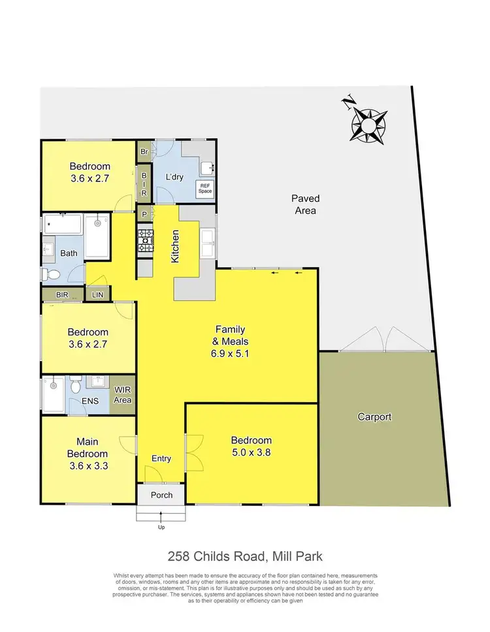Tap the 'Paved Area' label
(x=304, y=204)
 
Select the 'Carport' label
(x=374, y=417)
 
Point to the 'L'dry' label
(x=173, y=178)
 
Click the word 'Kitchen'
(x=175, y=246)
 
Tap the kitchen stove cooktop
(x=145, y=242)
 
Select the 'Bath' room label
(x=69, y=253)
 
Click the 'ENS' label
(x=90, y=401)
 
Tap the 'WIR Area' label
(x=123, y=395)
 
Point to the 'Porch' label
(x=161, y=495)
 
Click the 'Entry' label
(x=161, y=459)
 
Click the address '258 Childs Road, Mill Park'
(x=245, y=556)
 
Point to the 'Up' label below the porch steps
(x=161, y=526)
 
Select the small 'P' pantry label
(x=143, y=215)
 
